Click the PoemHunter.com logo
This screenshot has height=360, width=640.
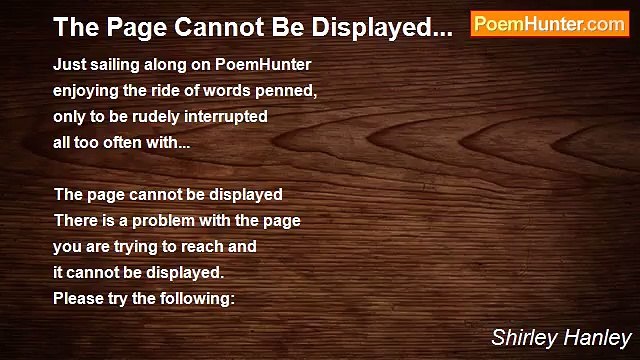point(549,24)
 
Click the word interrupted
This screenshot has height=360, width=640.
point(232,116)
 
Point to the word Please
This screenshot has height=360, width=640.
point(78,298)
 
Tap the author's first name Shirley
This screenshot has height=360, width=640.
point(521,337)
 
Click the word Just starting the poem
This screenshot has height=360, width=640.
point(69,64)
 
